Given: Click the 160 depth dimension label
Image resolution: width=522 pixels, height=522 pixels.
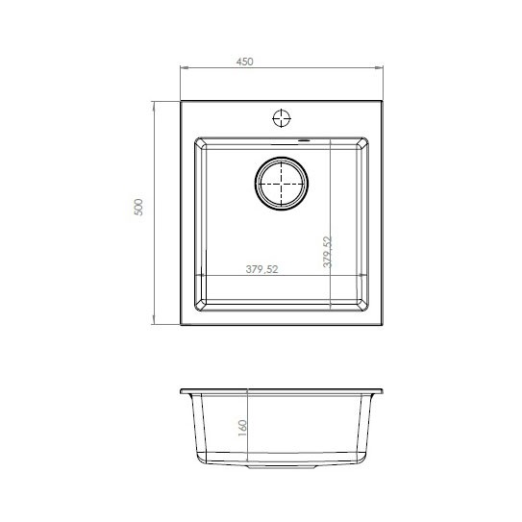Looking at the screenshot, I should coord(242,426).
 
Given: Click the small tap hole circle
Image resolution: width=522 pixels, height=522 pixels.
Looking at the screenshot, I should coord(283,119).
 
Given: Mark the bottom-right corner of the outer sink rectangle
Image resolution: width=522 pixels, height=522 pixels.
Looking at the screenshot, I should coord(382,326).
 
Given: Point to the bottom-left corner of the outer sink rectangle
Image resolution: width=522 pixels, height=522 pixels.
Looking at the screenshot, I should coord(182,326).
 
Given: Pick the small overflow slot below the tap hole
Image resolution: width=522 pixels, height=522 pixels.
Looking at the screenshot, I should coord(305,140).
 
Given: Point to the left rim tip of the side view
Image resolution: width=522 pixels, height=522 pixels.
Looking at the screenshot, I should coord(182,391).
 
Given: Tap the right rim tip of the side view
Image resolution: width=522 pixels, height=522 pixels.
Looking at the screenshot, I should coord(382,391).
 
